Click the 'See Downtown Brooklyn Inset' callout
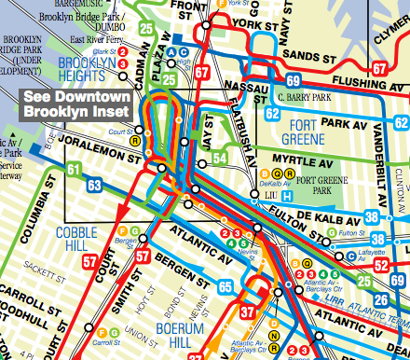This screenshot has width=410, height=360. click(x=77, y=104)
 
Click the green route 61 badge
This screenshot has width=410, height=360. click(x=73, y=169)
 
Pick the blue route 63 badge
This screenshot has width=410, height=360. click(x=94, y=186)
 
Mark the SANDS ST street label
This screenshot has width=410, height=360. click(x=305, y=56)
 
